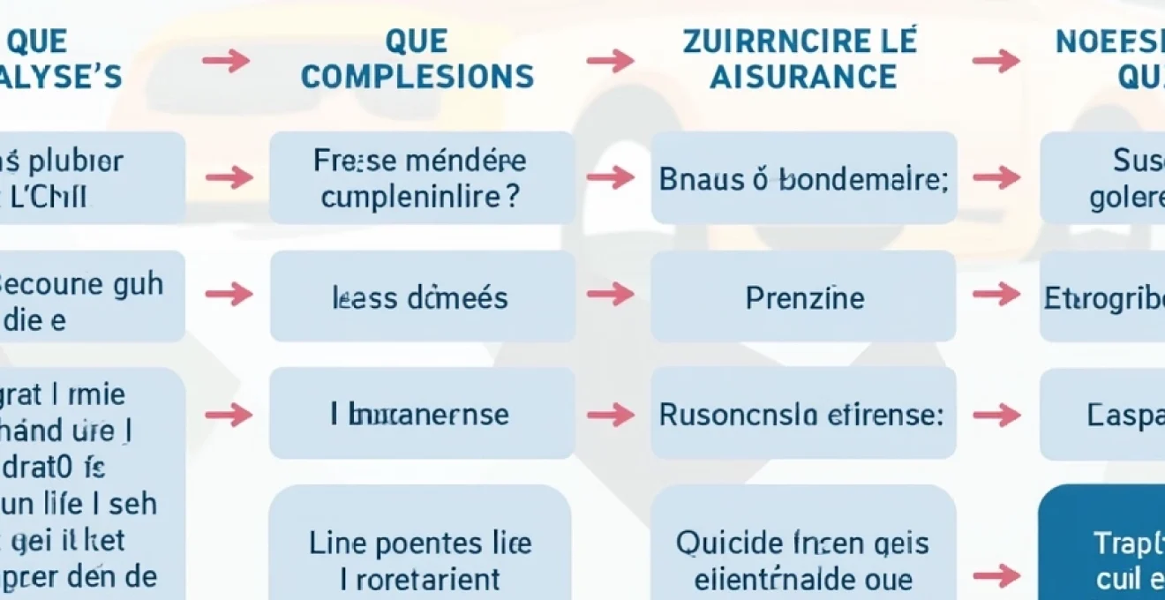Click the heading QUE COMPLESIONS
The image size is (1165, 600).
tap(417, 59)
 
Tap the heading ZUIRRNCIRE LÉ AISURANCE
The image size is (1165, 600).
tap(800, 59)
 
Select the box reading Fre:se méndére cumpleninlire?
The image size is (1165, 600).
tap(422, 177)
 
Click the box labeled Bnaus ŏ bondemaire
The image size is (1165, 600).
tap(803, 177)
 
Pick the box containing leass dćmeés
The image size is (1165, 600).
tap(422, 296)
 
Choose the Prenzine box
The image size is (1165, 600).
tap(803, 296)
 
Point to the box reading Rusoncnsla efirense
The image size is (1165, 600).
tap(803, 413)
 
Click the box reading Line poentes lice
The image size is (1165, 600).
tap(420, 543)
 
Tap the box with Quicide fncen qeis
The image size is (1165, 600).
tap(803, 543)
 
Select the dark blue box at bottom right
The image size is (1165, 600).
tap(1103, 543)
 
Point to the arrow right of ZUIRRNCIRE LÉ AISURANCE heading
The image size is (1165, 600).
tap(996, 60)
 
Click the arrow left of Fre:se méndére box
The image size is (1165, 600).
tap(229, 177)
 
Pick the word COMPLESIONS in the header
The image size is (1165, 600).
tap(417, 77)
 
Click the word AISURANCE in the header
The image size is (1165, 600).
tap(800, 77)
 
